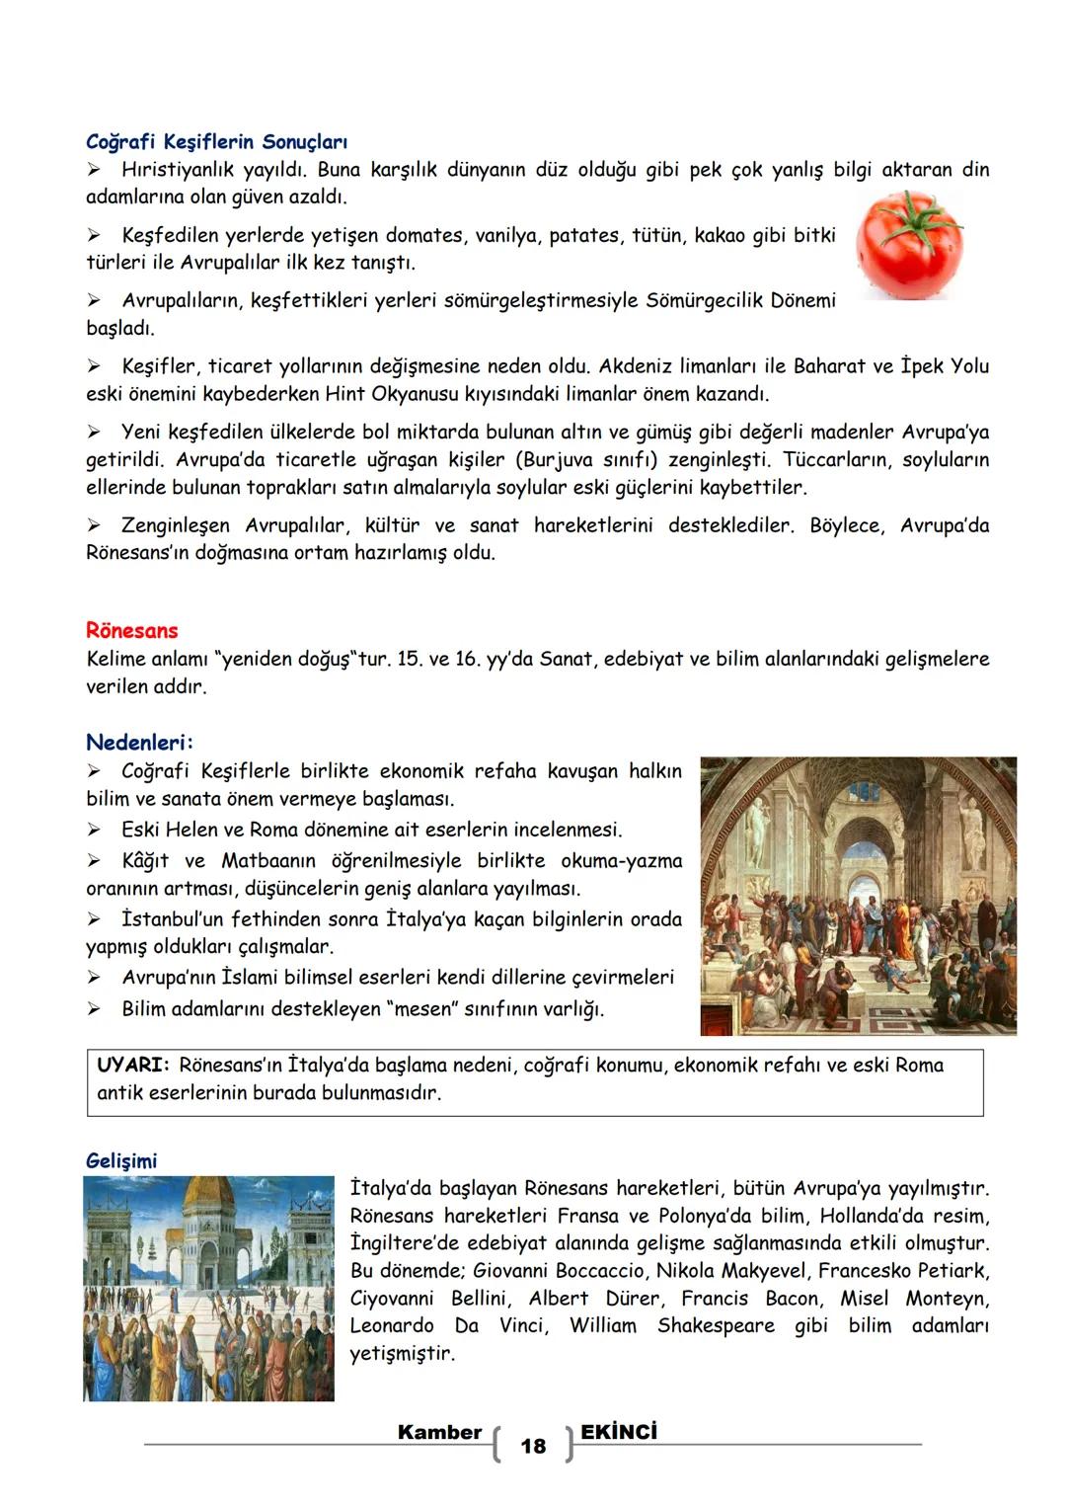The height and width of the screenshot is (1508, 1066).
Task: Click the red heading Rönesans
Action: click(x=131, y=630)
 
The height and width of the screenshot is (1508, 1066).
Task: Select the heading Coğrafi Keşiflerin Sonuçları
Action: click(x=216, y=142)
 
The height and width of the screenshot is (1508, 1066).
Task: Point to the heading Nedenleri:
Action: click(x=140, y=742)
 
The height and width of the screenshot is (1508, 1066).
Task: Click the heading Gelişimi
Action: click(x=121, y=1160)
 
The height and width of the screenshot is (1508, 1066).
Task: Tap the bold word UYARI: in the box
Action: click(x=133, y=1065)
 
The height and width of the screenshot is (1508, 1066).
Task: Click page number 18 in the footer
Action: click(x=533, y=1446)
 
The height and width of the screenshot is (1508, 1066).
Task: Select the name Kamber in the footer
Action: click(x=439, y=1432)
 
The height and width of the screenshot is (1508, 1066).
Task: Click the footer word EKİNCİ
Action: click(x=619, y=1432)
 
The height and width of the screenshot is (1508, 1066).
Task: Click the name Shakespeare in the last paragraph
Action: click(x=716, y=1325)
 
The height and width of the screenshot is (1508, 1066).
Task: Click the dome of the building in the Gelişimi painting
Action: click(x=208, y=1198)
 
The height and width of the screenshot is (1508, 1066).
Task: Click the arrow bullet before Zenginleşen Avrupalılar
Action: click(x=95, y=525)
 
